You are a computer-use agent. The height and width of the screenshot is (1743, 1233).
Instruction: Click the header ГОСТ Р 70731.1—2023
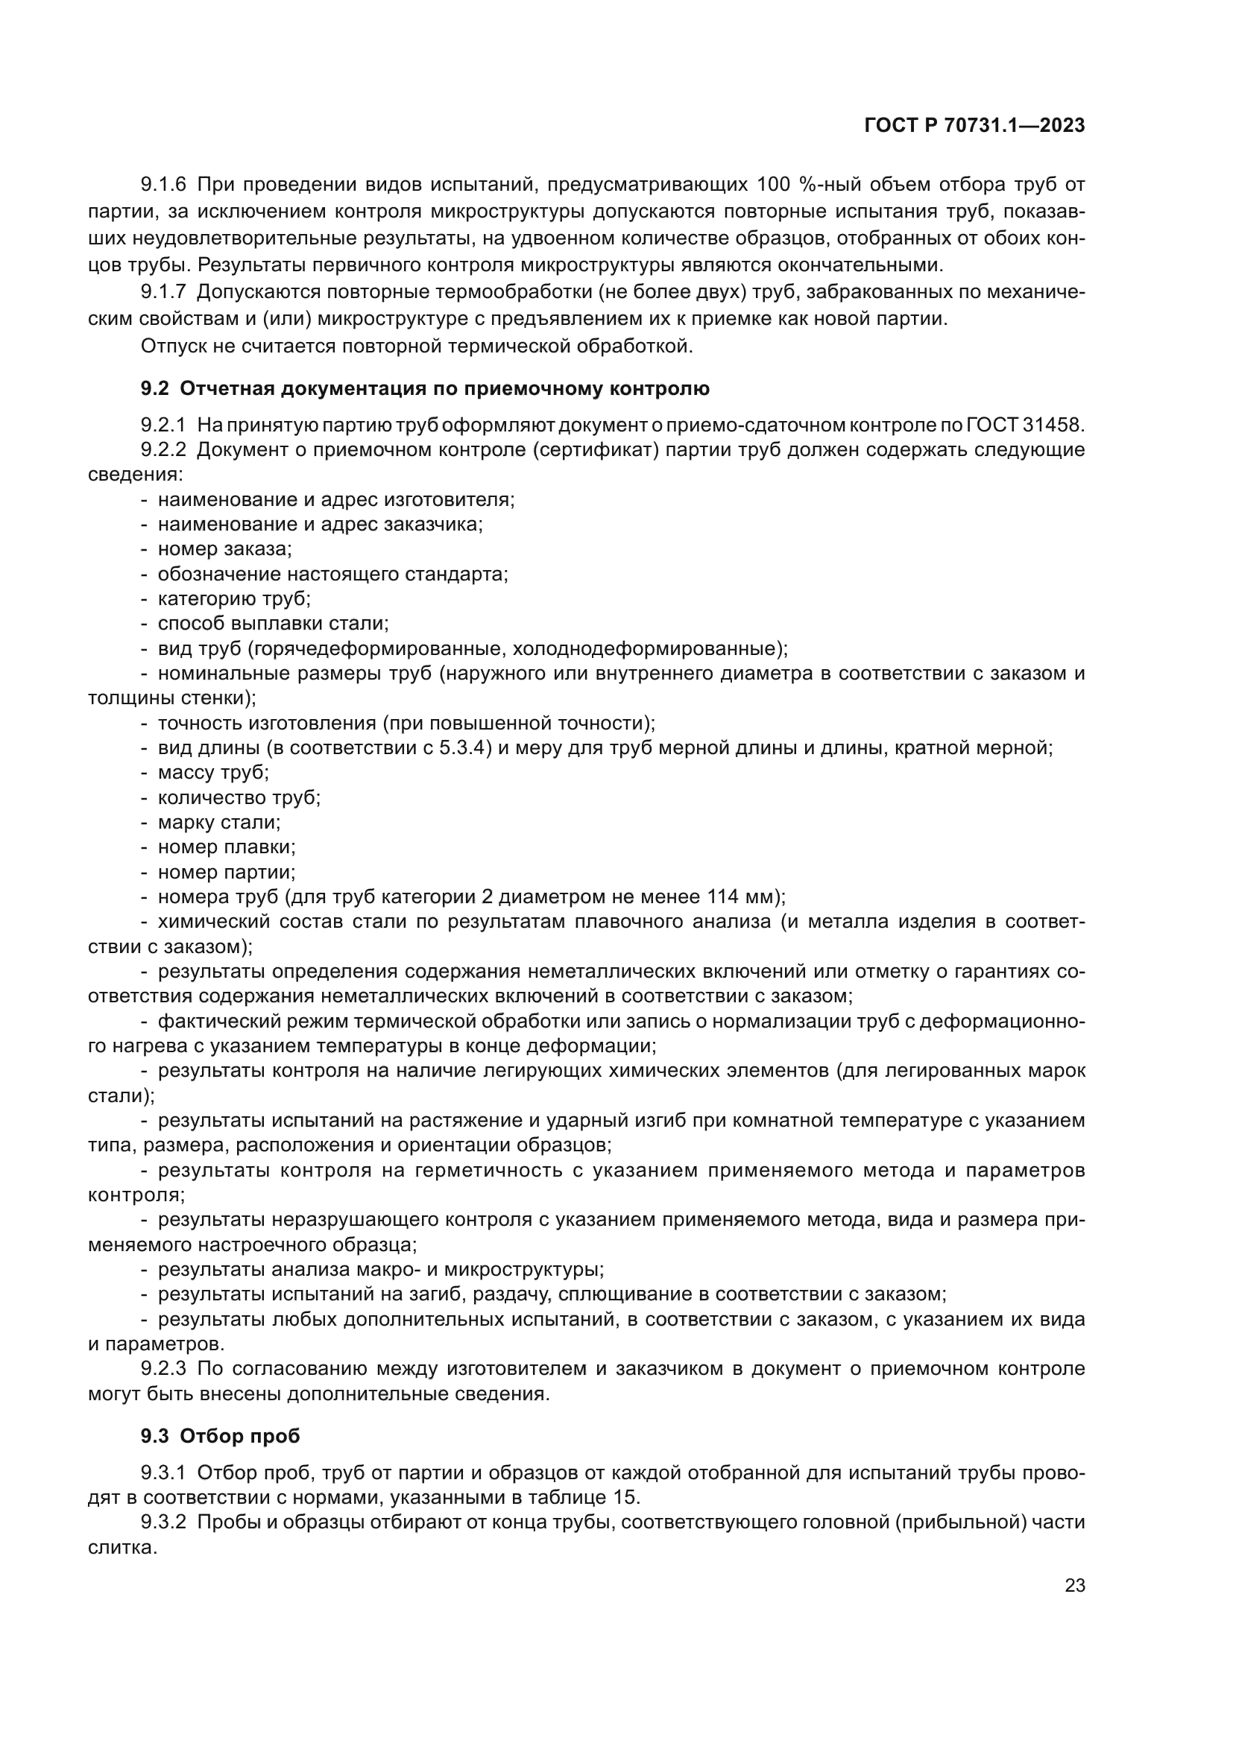[x=974, y=126]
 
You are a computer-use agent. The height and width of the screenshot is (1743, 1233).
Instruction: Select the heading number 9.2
[x=155, y=389]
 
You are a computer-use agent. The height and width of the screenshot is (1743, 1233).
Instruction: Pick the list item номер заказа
[x=224, y=549]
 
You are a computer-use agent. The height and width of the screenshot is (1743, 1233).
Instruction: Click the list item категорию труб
[x=234, y=598]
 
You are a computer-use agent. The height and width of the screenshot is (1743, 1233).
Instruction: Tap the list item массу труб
[x=213, y=772]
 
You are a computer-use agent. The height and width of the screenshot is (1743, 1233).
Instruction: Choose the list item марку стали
[x=219, y=822]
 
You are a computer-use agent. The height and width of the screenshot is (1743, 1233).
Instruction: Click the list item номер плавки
[x=227, y=847]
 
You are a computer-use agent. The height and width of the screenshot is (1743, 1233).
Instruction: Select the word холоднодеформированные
[x=645, y=648]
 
